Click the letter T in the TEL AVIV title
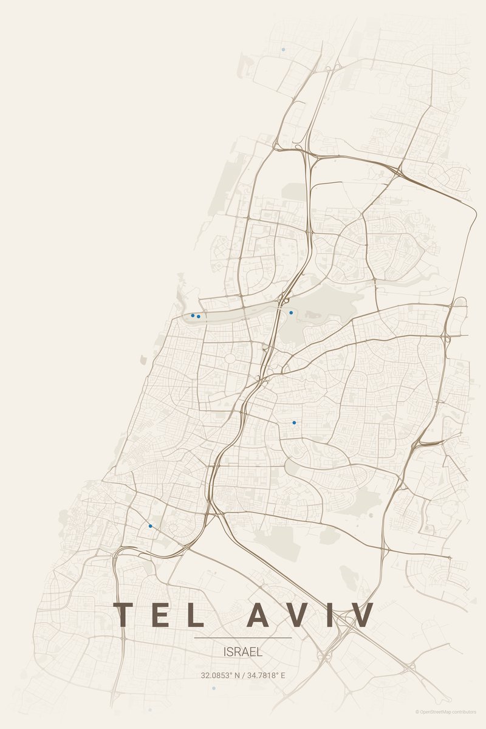(x=123, y=615)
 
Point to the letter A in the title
(x=257, y=615)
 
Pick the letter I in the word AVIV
(x=327, y=615)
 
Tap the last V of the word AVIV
(x=360, y=615)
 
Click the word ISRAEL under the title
(x=243, y=652)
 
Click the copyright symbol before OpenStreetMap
(x=417, y=711)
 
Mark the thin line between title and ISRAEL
(x=243, y=638)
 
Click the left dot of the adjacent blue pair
(x=193, y=315)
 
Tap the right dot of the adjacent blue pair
(x=199, y=317)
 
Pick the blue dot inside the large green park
(x=291, y=312)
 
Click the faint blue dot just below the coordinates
(x=214, y=688)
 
